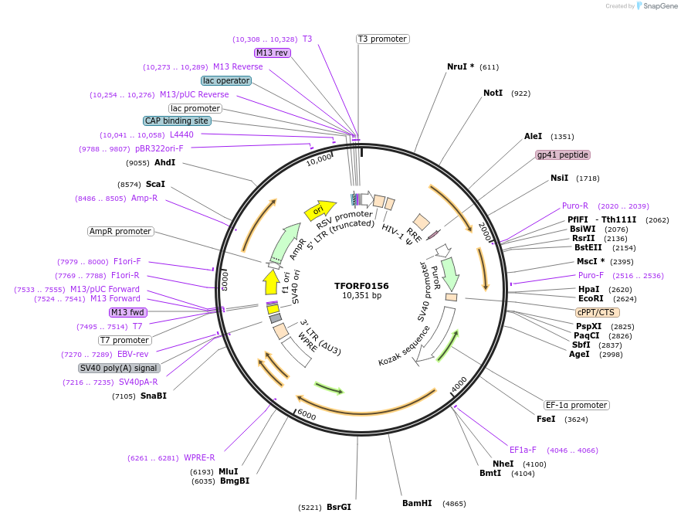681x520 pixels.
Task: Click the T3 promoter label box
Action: point(383,39)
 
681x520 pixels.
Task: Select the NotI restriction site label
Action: point(493,93)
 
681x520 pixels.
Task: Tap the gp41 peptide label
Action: point(563,155)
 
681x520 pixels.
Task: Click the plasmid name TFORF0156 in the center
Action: point(361,285)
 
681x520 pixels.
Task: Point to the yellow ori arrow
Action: point(319,209)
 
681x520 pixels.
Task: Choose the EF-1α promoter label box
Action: point(576,405)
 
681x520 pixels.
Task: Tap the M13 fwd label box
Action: point(127,312)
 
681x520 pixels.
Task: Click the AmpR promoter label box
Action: point(120,231)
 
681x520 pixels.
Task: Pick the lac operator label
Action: point(225,80)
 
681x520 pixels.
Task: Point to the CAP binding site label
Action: point(177,121)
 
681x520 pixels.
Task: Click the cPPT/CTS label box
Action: point(597,312)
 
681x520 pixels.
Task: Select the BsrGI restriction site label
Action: point(338,507)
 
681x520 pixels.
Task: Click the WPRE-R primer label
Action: point(199,457)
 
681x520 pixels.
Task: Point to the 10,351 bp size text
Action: point(361,296)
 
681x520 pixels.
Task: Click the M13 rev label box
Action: point(273,53)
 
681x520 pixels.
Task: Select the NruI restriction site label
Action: point(460,66)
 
